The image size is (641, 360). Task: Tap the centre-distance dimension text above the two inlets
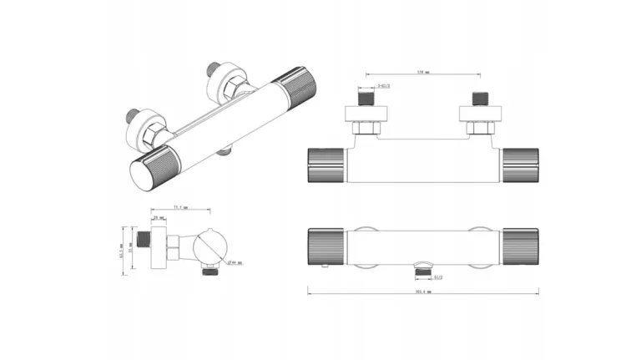(422, 72)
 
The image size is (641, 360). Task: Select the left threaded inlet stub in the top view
(366, 98)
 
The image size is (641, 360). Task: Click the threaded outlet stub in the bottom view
(422, 268)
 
